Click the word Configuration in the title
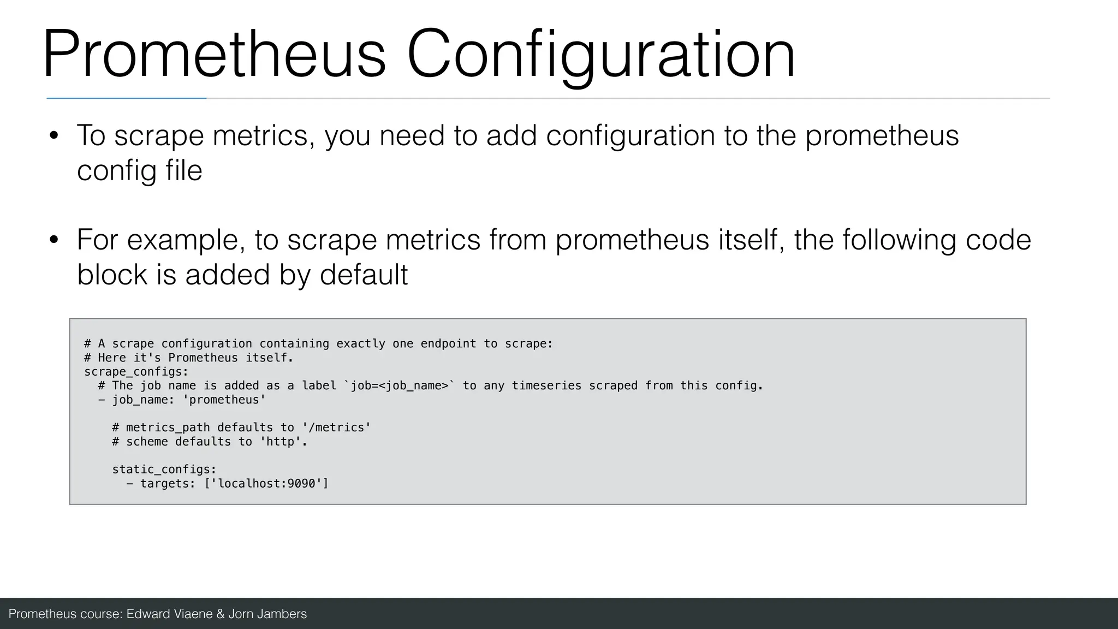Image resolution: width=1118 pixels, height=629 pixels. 600,55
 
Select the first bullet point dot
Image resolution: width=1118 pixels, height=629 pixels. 53,136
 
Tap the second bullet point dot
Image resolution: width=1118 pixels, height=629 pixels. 53,240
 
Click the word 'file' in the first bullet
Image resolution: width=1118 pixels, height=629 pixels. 184,170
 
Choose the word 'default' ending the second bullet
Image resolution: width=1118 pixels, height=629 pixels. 364,274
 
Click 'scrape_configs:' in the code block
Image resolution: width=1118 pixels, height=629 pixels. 136,372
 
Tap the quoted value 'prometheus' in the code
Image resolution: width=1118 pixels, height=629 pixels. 224,400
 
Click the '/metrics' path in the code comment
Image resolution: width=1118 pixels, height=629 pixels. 336,428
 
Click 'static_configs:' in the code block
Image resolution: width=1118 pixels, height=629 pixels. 164,470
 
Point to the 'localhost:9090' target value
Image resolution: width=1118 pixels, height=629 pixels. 266,484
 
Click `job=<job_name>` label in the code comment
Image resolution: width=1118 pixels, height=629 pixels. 400,386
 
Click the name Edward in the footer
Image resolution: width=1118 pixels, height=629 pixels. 148,614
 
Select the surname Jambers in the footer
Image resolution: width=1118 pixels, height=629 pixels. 281,614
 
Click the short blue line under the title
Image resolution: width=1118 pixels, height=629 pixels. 126,98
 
